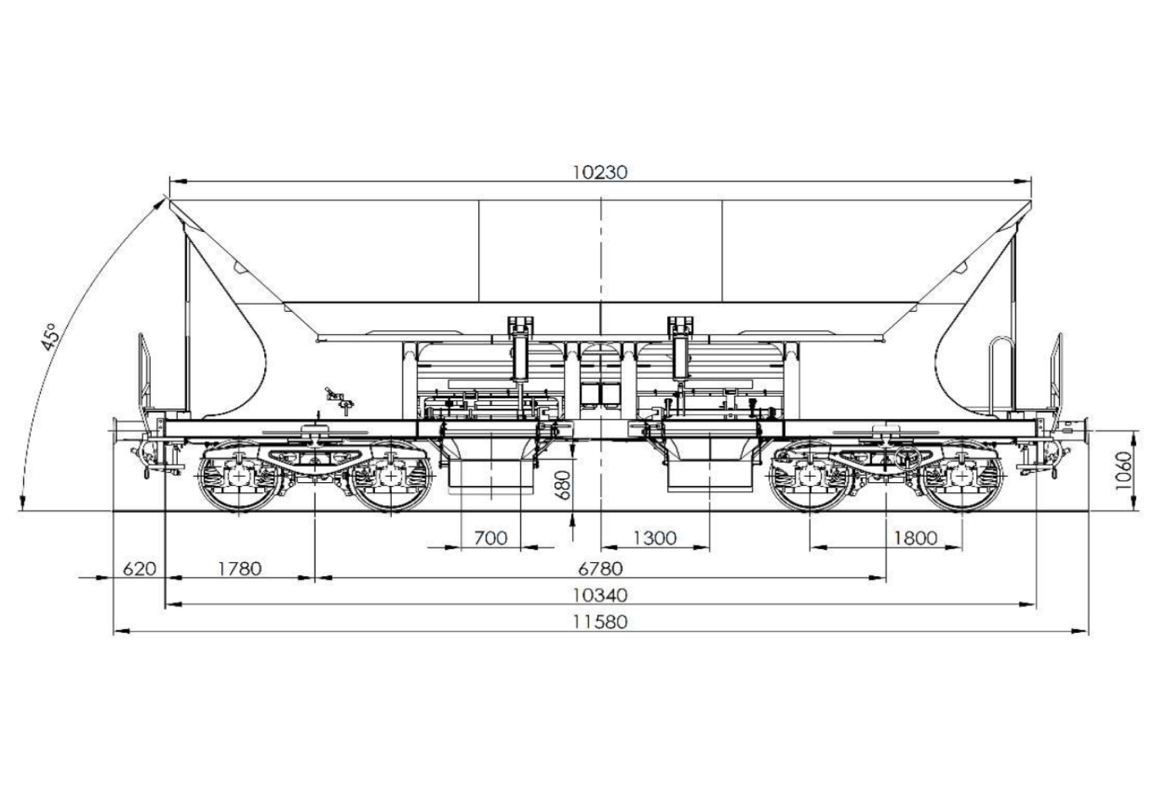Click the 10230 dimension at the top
tap(599, 173)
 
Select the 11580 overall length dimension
tap(599, 622)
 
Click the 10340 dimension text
tap(599, 595)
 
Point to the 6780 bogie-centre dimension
tap(600, 568)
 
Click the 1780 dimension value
tap(240, 568)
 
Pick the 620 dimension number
tap(139, 568)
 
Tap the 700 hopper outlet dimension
tap(490, 538)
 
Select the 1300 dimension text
tap(655, 538)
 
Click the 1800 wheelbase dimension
tap(915, 538)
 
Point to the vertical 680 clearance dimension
tap(563, 485)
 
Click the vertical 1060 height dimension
tap(1123, 470)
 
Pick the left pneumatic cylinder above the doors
tap(520, 351)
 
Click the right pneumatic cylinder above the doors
tap(680, 351)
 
